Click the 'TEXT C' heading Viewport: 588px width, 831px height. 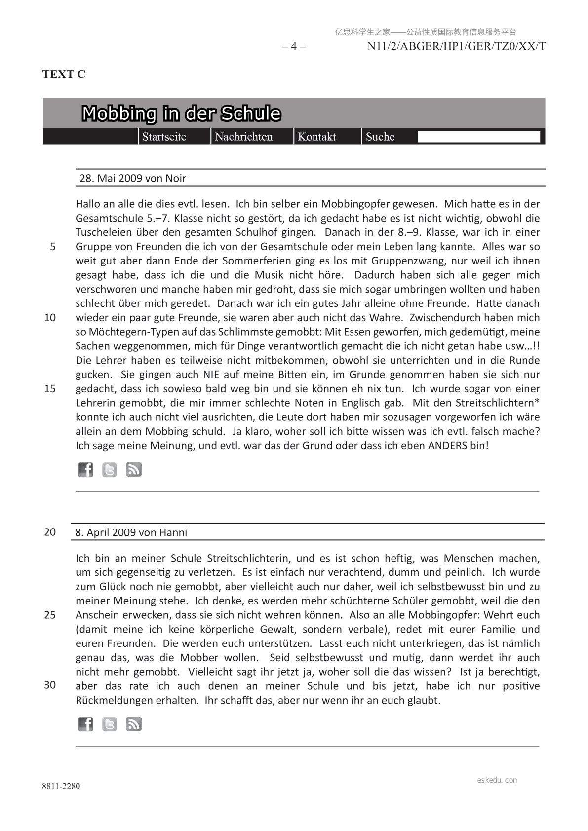[64, 74]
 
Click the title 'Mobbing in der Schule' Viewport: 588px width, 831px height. [181, 113]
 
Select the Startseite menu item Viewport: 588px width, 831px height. [164, 137]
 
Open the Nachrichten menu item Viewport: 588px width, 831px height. [243, 137]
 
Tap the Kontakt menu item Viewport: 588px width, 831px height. [316, 137]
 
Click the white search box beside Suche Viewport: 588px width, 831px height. [478, 137]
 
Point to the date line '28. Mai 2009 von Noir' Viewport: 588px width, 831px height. [133, 178]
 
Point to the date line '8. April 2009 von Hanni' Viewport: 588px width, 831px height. [131, 532]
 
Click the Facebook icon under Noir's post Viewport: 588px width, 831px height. [85, 470]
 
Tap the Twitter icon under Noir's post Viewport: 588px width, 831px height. [110, 470]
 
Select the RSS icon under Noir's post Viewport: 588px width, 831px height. [134, 470]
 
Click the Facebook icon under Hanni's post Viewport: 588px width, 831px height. [85, 724]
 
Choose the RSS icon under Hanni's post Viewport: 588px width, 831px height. [134, 724]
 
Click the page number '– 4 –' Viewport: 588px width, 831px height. [294, 47]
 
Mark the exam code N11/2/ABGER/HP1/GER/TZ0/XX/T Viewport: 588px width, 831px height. [456, 47]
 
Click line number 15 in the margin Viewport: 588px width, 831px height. [50, 389]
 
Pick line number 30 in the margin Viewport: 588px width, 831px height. [50, 685]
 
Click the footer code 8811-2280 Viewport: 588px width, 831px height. [61, 786]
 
